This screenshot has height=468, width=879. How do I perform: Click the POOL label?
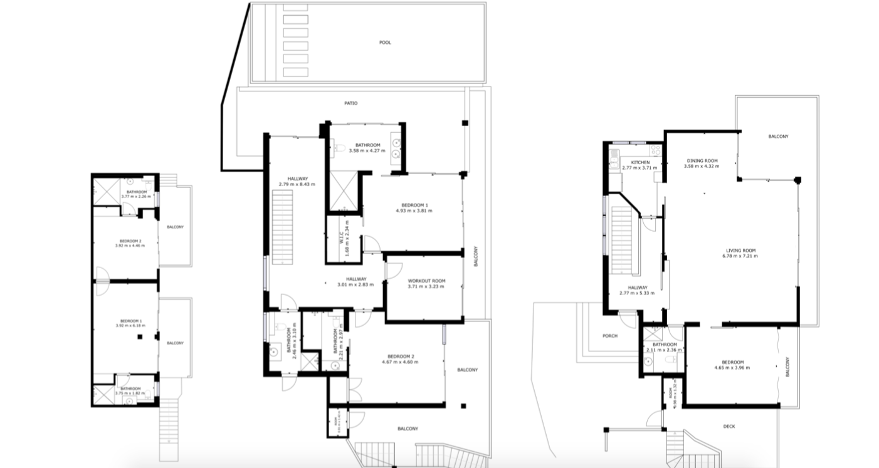(x=385, y=43)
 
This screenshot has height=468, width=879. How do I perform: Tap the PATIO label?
(x=350, y=103)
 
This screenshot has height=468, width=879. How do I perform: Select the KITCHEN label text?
(x=631, y=162)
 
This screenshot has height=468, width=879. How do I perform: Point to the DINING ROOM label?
(x=702, y=160)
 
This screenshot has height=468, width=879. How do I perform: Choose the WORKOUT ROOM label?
(x=426, y=281)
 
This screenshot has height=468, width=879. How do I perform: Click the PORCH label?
(x=609, y=336)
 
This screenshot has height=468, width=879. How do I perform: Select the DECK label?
(x=729, y=427)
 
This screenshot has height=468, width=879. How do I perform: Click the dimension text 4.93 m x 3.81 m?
(x=414, y=211)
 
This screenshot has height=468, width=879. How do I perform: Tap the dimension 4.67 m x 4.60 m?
(x=400, y=362)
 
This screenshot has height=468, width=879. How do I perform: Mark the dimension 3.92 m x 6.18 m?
(x=130, y=326)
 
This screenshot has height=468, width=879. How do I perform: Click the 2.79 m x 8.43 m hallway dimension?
(x=297, y=184)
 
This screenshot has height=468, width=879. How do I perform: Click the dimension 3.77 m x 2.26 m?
(x=136, y=197)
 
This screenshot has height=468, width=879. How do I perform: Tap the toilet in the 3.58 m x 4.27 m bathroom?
(x=339, y=149)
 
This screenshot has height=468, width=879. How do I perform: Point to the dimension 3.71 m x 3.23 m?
(x=426, y=286)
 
